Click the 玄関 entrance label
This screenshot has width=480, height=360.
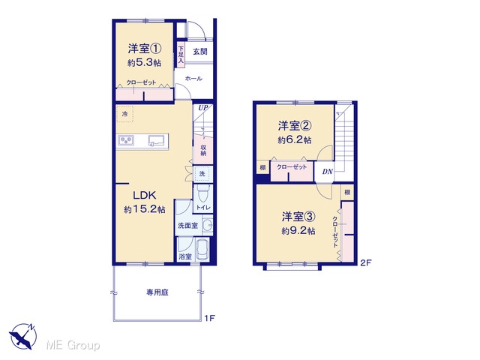pyautogui.click(x=200, y=52)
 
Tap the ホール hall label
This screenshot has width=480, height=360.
pyautogui.click(x=193, y=79)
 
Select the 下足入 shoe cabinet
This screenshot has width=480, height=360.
pyautogui.click(x=181, y=55)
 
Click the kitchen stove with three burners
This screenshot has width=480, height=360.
pyautogui.click(x=126, y=140)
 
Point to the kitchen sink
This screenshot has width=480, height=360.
pyautogui.click(x=156, y=140)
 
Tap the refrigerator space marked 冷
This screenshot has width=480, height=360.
pyautogui.click(x=125, y=114)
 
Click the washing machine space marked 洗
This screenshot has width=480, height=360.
pyautogui.click(x=202, y=174)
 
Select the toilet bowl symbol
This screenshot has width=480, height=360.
pyautogui.click(x=202, y=193)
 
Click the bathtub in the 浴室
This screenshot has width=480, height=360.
pyautogui.click(x=202, y=249)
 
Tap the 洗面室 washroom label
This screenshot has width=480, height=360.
pyautogui.click(x=188, y=226)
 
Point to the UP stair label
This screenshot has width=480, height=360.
pyautogui.click(x=203, y=108)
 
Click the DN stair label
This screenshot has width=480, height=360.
pyautogui.click(x=327, y=172)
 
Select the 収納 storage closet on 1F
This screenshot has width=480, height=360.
pyautogui.click(x=203, y=150)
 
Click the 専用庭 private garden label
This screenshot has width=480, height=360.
pyautogui.click(x=157, y=292)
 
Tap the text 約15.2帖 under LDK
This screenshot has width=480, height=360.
pyautogui.click(x=145, y=209)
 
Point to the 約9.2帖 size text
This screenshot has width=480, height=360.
pyautogui.click(x=298, y=230)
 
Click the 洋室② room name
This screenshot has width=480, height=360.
pyautogui.click(x=295, y=125)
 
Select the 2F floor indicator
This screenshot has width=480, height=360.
pyautogui.click(x=366, y=262)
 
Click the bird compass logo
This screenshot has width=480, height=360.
pyautogui.click(x=22, y=336)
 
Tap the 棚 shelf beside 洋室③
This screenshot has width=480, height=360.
pyautogui.click(x=347, y=192)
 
